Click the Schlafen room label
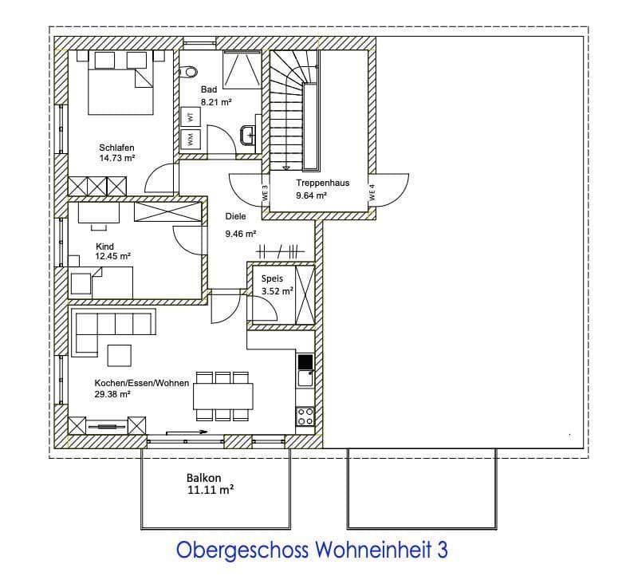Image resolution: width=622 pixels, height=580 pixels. [116, 148]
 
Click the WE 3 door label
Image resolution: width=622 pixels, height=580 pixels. [265, 192]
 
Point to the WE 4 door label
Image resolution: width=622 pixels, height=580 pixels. [372, 192]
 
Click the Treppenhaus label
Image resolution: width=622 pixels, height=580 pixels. [322, 183]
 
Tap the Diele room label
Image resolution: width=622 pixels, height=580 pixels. [236, 216]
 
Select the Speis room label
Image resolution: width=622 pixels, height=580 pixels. [273, 279]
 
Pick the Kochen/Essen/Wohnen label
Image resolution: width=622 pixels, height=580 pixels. [141, 383]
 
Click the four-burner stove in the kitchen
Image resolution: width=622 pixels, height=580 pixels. [305, 416]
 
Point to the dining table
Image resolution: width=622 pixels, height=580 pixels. [223, 395]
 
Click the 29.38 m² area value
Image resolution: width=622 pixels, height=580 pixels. [112, 394]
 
